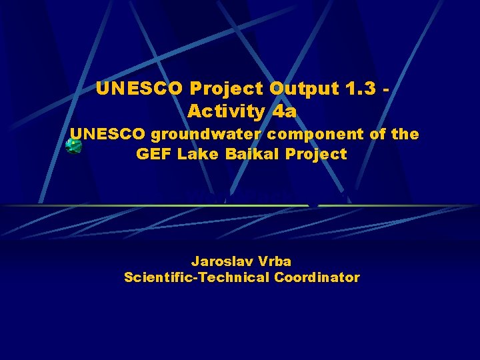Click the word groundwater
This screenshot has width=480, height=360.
tap(207, 135)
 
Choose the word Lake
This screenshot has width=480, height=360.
tap(194, 154)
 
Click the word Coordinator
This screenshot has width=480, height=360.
tap(317, 277)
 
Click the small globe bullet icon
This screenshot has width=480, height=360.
tap(73, 146)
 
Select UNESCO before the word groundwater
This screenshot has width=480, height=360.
tap(108, 134)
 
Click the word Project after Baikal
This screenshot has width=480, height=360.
tap(316, 154)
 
